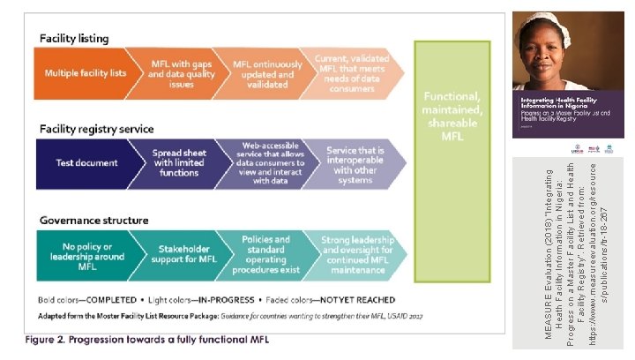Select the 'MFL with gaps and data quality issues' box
click(173, 72)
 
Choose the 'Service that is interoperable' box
click(352, 164)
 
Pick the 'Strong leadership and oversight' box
click(352, 255)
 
